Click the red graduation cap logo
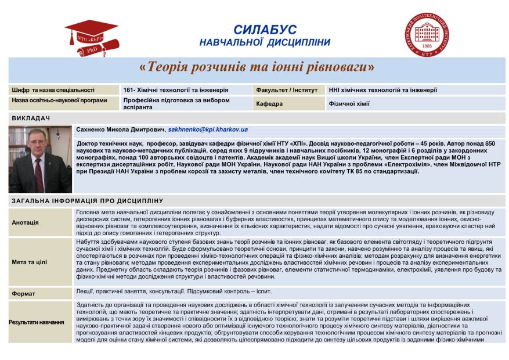(x=91, y=37)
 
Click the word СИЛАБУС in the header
(x=265, y=30)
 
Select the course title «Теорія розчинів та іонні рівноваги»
(x=257, y=67)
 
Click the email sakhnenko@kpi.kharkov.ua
(x=208, y=129)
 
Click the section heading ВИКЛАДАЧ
(x=31, y=118)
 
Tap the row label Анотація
(x=26, y=222)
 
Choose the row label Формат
(x=24, y=294)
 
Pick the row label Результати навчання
(x=37, y=322)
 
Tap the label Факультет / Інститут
(x=287, y=90)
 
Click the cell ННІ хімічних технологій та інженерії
(x=382, y=90)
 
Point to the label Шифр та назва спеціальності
(x=52, y=90)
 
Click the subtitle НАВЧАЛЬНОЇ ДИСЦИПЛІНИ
(x=265, y=42)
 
